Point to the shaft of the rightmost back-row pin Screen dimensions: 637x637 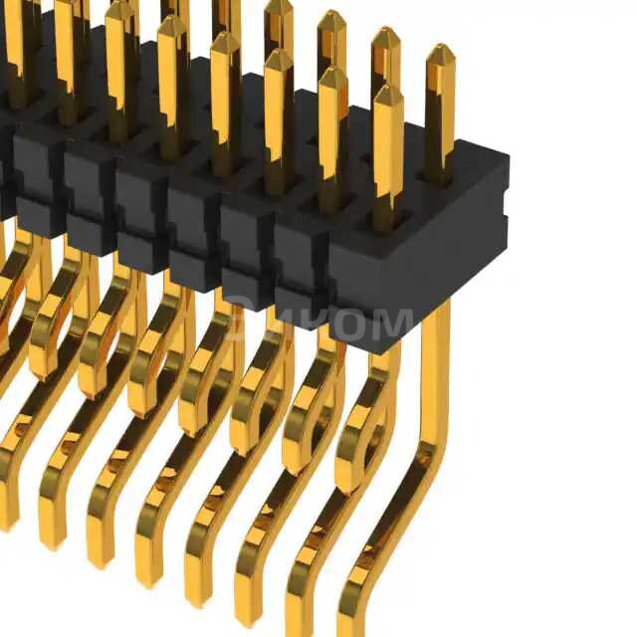tap(439, 119)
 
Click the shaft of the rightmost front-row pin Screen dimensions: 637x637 tap(387, 149)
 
